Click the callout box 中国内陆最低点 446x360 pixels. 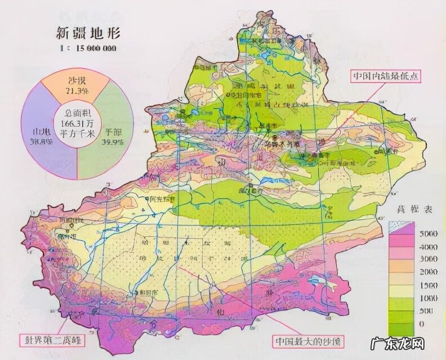[x=385, y=76]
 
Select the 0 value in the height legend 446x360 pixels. [x=422, y=325]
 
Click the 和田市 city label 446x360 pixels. [x=146, y=292]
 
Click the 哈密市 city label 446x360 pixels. [x=386, y=151]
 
